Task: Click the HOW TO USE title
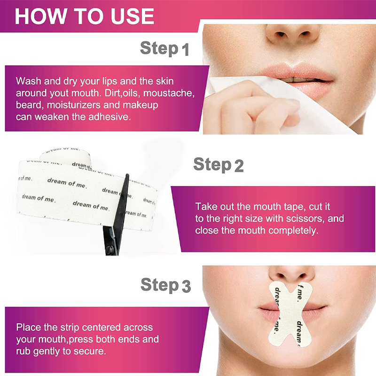[x=85, y=16]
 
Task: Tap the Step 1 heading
[x=164, y=49]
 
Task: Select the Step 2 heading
[x=219, y=165]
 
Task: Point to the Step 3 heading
[x=166, y=285]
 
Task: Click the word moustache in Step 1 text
[x=169, y=93]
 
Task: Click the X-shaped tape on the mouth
[x=290, y=314]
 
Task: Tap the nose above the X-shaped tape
[x=292, y=276]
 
